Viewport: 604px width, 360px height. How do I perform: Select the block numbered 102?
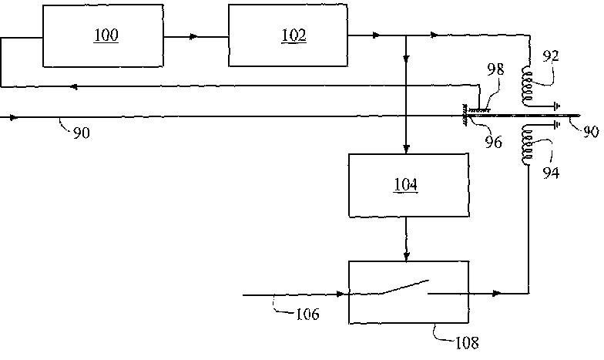tap(287, 35)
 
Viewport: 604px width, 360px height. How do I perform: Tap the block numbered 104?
tap(408, 185)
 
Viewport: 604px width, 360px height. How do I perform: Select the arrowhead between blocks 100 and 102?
tap(193, 35)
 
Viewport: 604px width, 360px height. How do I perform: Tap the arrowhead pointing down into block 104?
tap(407, 149)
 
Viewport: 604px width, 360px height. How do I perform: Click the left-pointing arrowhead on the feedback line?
tap(74, 86)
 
